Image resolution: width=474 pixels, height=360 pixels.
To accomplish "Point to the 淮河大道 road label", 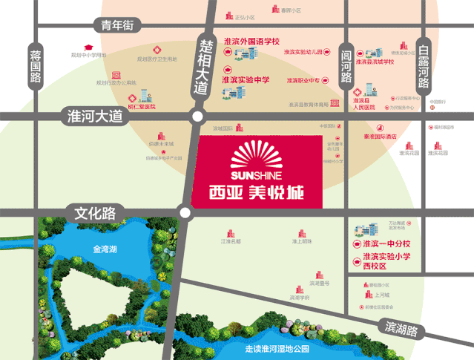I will (93, 116).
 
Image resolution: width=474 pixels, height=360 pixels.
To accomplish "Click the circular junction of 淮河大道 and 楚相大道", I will (197, 117).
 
